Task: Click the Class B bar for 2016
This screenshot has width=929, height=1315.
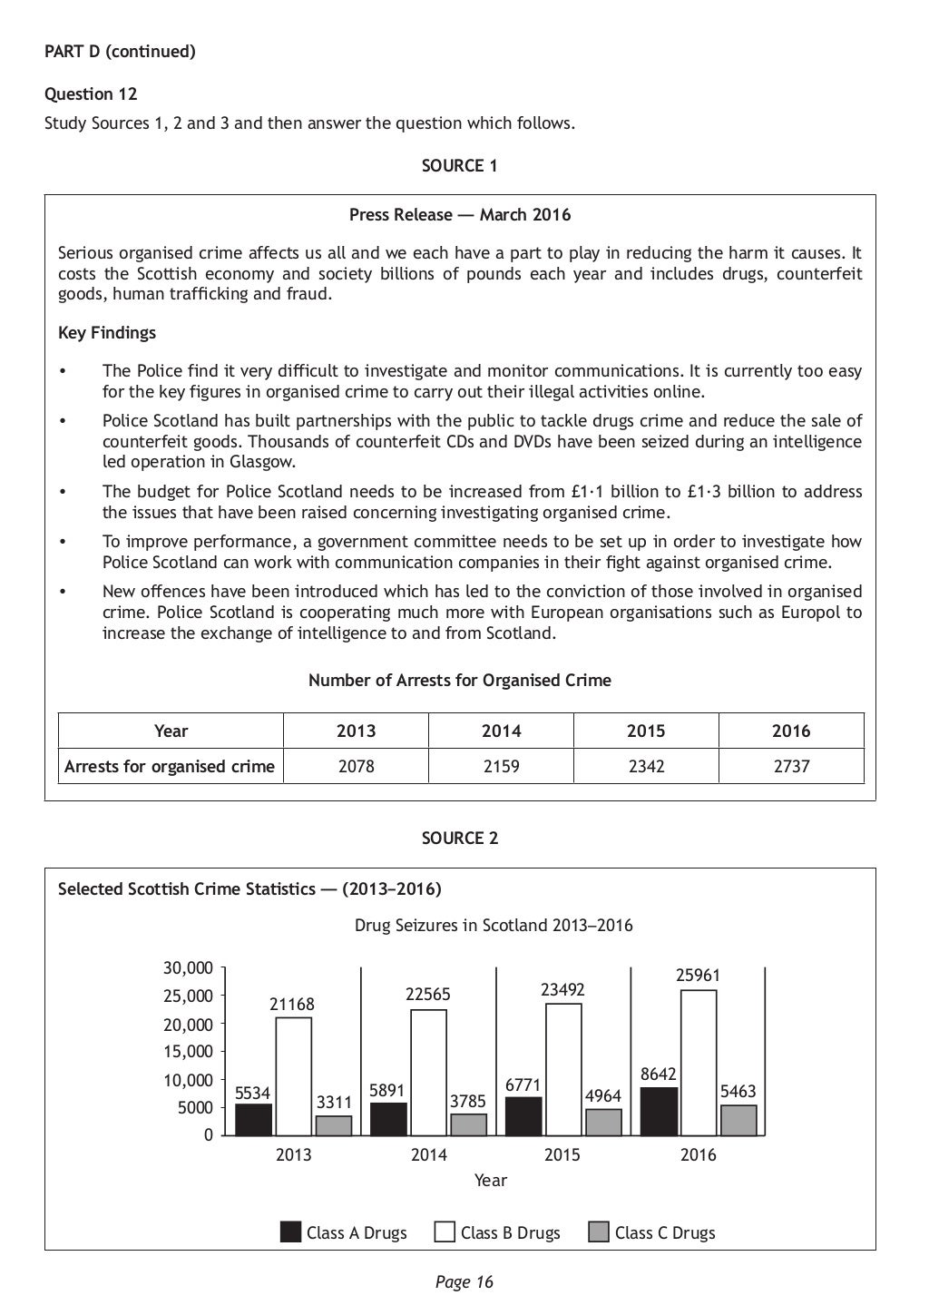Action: click(698, 1062)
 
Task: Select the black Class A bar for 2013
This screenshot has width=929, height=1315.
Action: click(253, 1119)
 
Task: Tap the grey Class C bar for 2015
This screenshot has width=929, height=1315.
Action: click(603, 1122)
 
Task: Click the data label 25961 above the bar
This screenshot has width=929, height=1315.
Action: click(698, 976)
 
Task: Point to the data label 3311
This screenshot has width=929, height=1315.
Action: click(333, 1102)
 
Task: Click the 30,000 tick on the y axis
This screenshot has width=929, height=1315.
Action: click(188, 968)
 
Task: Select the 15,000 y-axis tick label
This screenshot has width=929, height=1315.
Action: click(188, 1052)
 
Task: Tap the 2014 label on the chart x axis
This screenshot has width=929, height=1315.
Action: click(428, 1154)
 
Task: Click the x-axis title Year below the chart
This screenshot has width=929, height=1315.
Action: click(490, 1180)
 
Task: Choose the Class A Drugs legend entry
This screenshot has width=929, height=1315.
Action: click(344, 1232)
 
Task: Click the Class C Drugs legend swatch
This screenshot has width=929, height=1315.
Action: click(599, 1232)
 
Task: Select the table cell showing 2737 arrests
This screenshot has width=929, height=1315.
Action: click(791, 766)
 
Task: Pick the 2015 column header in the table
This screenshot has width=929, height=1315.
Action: click(646, 731)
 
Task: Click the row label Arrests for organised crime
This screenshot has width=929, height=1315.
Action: click(170, 766)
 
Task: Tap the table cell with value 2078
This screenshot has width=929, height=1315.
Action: click(356, 766)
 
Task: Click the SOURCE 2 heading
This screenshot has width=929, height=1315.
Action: click(460, 839)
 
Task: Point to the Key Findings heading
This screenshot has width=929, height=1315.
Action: click(107, 333)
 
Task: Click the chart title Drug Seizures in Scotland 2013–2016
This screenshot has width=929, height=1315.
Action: click(494, 926)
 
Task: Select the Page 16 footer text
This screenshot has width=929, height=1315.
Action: click(464, 1281)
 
